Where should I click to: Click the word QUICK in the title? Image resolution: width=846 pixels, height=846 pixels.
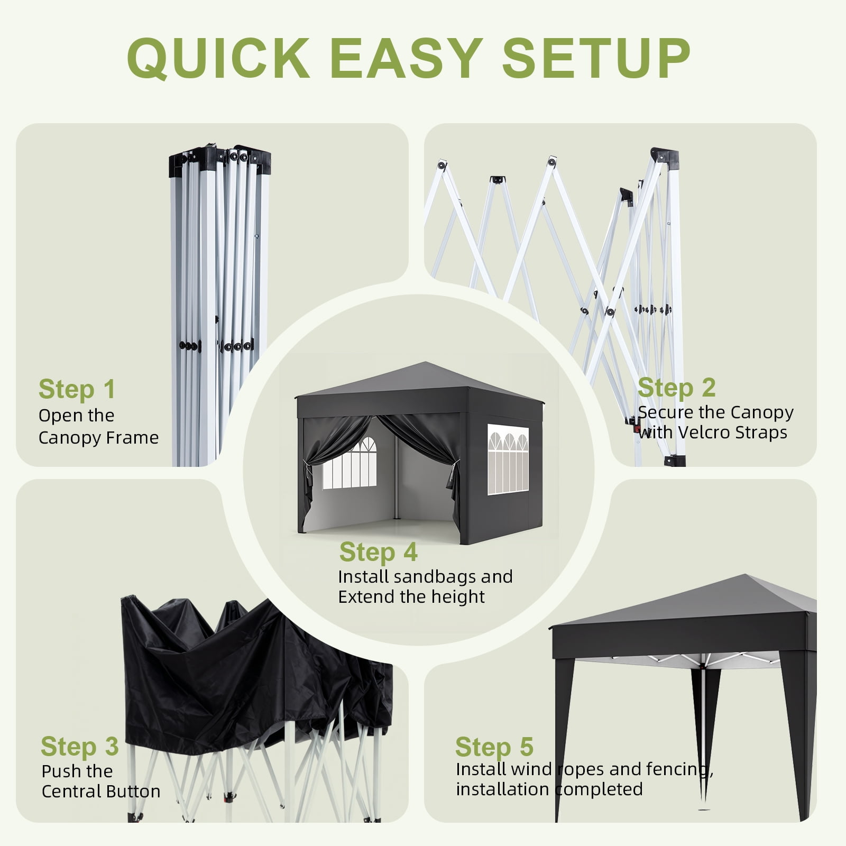(218, 58)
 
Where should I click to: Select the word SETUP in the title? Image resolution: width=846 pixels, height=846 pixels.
(596, 58)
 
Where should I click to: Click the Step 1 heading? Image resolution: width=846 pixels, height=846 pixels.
(77, 390)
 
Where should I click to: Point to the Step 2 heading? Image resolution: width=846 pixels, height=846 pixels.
(677, 388)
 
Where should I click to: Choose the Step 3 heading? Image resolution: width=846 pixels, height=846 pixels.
(80, 747)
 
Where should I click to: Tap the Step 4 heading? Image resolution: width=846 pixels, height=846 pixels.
(379, 552)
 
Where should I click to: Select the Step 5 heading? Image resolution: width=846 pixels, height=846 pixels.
(494, 747)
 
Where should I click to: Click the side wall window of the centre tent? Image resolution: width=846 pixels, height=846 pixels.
(508, 459)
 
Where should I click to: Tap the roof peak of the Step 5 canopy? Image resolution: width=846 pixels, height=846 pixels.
(746, 576)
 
